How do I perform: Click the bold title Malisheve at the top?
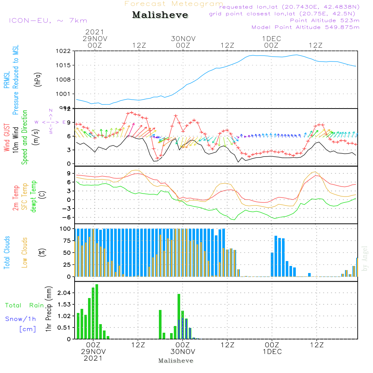(x=160, y=15)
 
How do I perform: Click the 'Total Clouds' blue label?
(x=7, y=253)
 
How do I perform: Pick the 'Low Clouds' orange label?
(x=25, y=253)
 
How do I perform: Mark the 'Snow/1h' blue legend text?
(x=21, y=319)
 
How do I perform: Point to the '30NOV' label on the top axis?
(x=183, y=38)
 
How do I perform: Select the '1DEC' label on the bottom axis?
(x=272, y=352)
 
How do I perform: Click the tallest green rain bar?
(x=97, y=311)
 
